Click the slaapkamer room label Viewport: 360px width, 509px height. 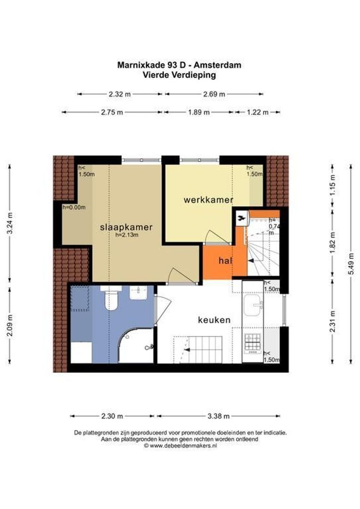point(126,227)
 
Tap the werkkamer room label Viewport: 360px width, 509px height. point(208,200)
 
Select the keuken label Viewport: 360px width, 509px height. point(214,320)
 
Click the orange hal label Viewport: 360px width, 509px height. point(225,260)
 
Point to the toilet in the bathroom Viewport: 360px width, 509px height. point(111,298)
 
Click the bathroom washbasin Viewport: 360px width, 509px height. point(139,293)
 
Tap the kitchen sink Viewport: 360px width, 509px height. point(253,305)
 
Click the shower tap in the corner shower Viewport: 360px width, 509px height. point(149,347)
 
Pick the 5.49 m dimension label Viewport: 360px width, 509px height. point(351,263)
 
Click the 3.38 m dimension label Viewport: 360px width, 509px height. point(219,416)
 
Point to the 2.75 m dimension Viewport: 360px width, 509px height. point(112,112)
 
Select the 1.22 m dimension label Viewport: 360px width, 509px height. point(258,112)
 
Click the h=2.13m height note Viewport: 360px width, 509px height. point(127,235)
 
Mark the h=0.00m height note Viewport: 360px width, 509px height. point(74,207)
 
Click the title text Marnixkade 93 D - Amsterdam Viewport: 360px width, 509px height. point(179,65)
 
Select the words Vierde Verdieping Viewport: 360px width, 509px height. point(179,75)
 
